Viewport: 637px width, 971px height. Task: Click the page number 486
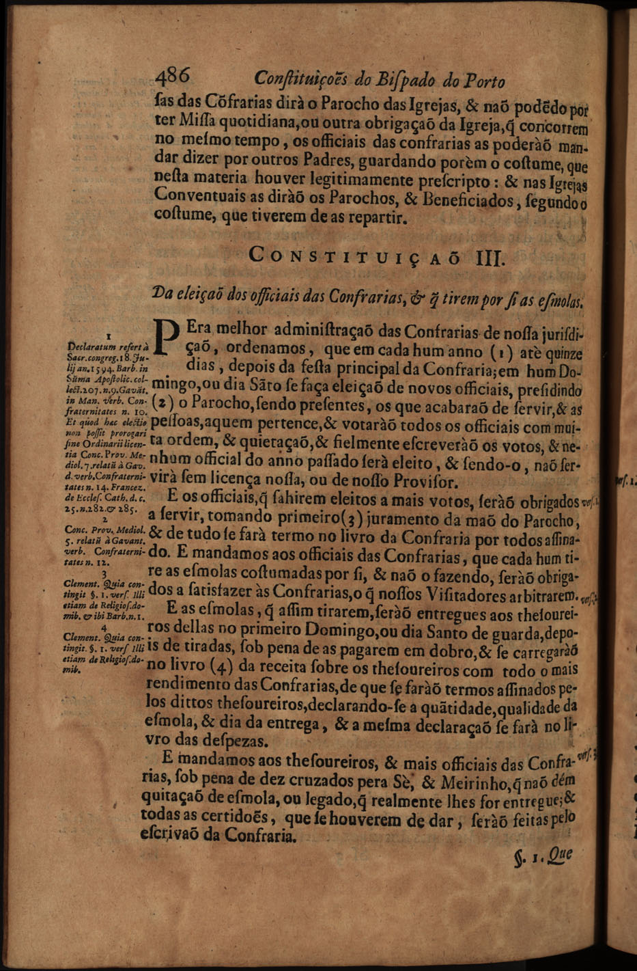[177, 77]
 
